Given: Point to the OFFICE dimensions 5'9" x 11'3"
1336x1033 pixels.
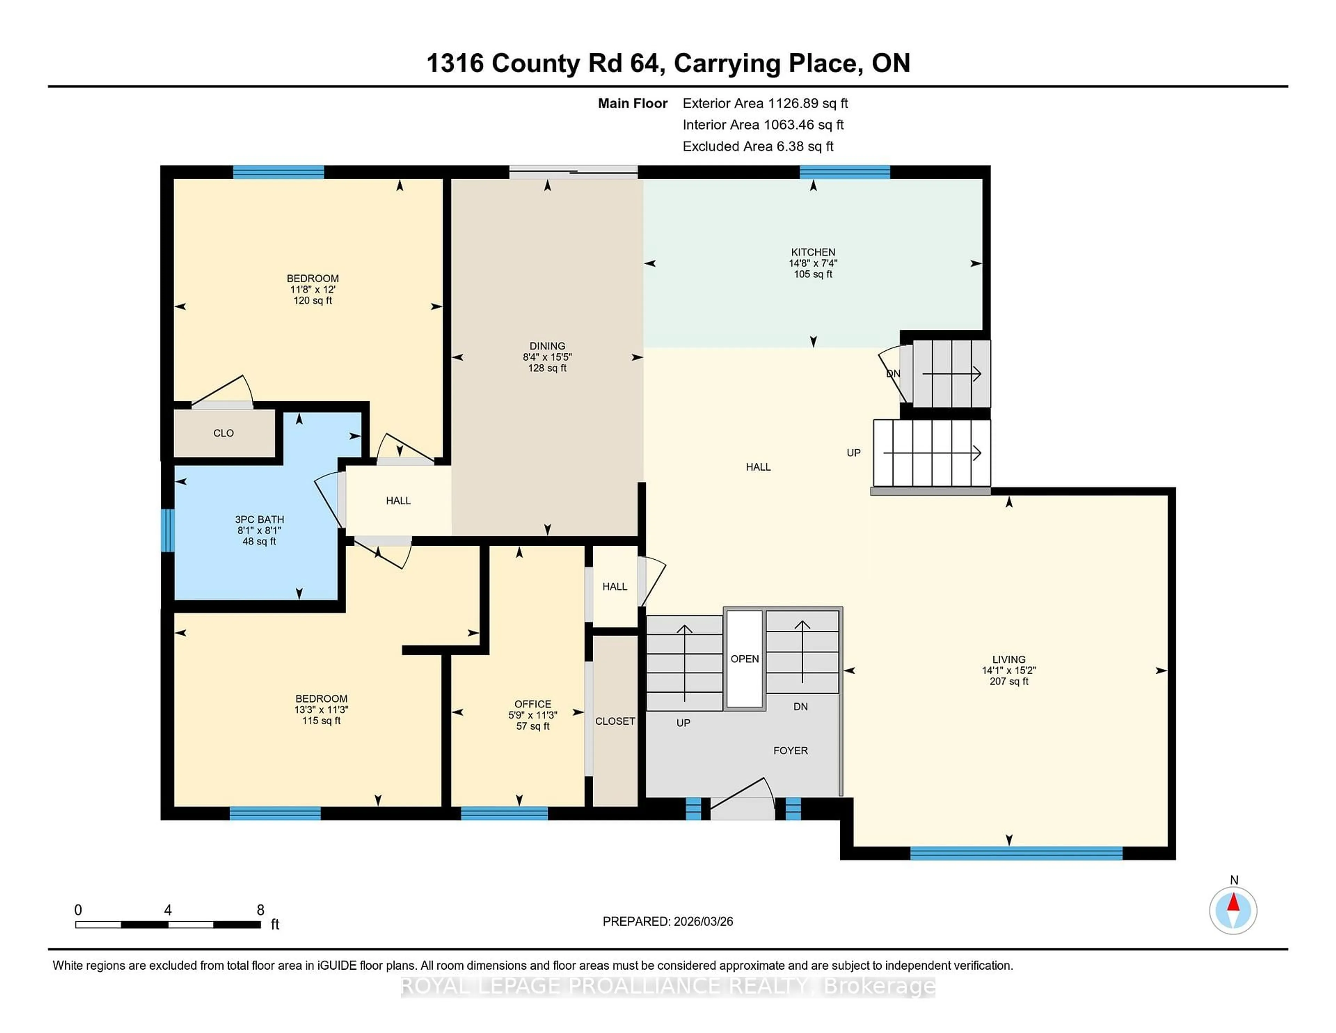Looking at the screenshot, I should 532,715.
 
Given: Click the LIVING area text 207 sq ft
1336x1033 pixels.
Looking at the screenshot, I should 1009,681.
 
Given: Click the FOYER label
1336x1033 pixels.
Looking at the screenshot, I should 790,750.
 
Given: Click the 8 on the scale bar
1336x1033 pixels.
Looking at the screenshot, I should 260,910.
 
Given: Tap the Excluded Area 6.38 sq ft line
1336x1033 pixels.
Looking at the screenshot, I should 757,146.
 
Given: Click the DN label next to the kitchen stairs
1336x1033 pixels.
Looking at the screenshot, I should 893,374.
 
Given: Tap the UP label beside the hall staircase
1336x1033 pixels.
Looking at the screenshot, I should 853,453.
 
